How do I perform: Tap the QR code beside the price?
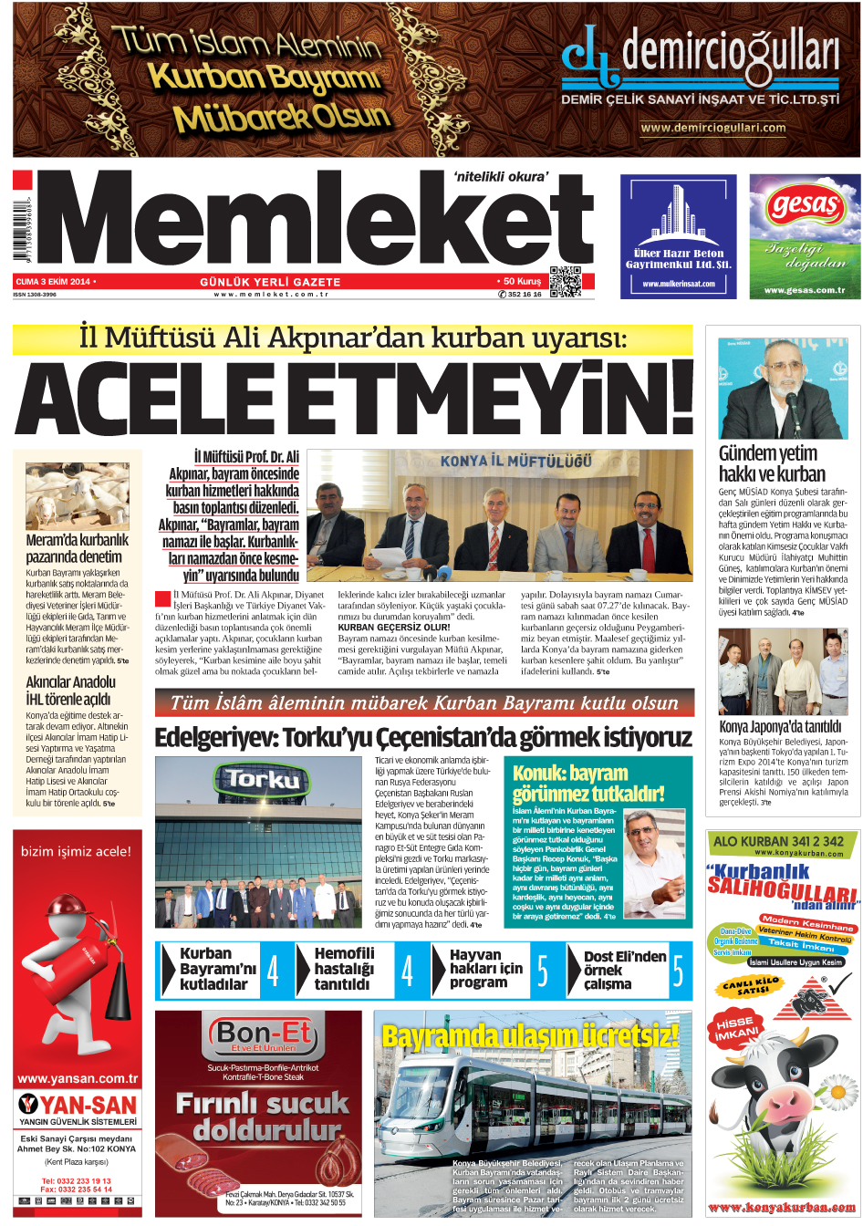point(565,282)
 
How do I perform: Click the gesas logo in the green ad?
point(805,207)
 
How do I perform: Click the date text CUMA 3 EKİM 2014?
point(53,282)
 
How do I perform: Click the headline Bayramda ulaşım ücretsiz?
point(530,1035)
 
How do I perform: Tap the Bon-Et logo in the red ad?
point(263,1037)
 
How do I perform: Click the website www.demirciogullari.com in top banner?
point(712,128)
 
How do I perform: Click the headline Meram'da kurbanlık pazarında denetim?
point(77,547)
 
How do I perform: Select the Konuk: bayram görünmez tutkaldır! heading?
point(588,783)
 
